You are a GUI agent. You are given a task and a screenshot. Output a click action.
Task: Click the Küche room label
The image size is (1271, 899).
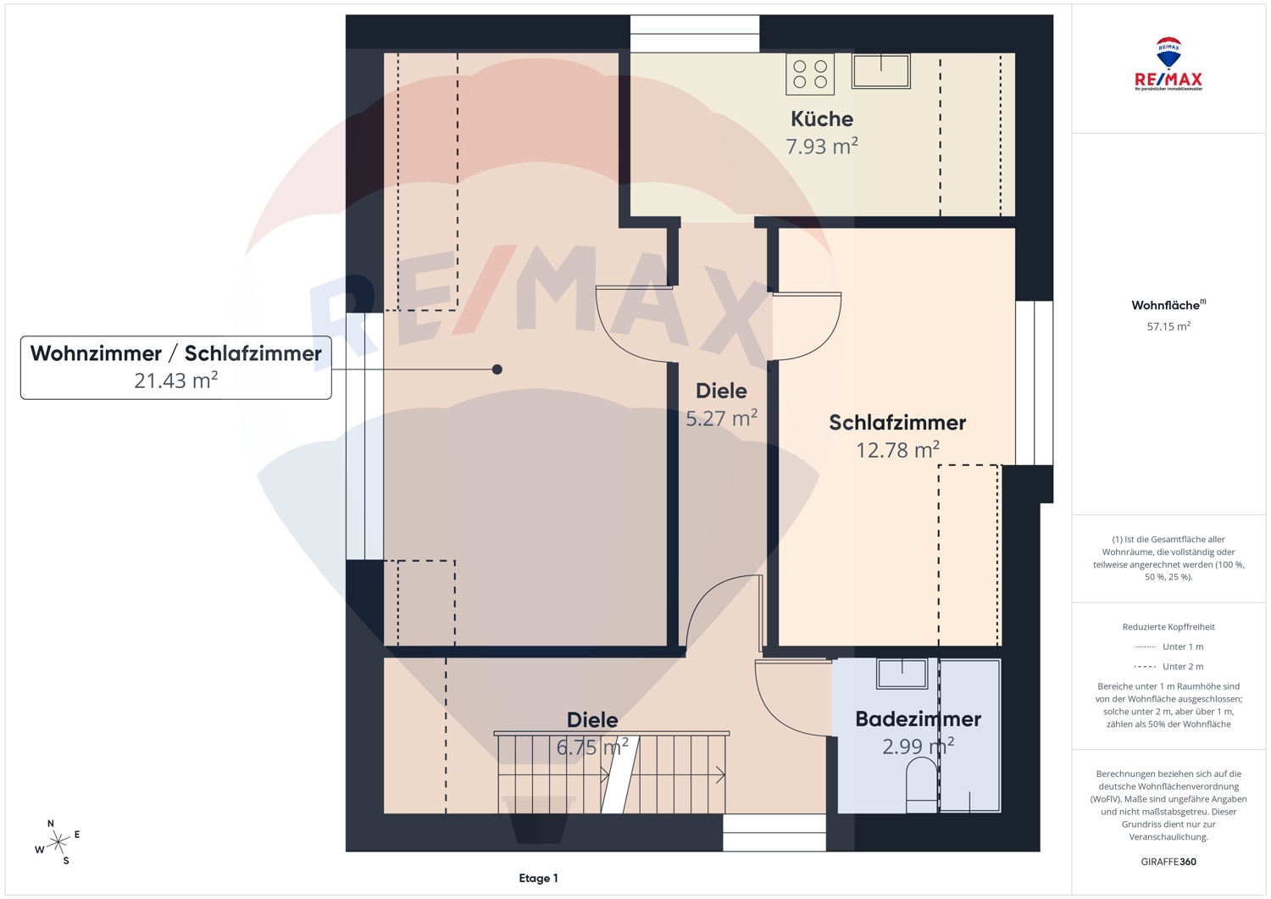click(x=822, y=119)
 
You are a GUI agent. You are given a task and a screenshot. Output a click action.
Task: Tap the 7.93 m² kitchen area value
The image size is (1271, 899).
click(x=822, y=147)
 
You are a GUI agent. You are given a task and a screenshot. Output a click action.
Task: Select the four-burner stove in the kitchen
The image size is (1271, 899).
click(x=810, y=74)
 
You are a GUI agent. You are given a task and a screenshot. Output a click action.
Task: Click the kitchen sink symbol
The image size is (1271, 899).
click(x=880, y=71)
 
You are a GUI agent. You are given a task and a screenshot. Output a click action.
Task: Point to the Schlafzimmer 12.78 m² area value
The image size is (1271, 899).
click(x=897, y=450)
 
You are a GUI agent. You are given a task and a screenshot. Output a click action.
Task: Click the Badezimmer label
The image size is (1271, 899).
click(x=918, y=719)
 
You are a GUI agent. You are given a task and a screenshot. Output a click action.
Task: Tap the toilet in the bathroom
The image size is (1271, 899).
click(x=922, y=786)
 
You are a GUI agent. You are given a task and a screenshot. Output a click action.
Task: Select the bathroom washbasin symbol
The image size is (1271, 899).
click(x=902, y=674)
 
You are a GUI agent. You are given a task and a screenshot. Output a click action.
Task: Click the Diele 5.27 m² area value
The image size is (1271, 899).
click(x=721, y=419)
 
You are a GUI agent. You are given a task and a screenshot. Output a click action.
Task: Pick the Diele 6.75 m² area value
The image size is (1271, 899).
click(x=591, y=746)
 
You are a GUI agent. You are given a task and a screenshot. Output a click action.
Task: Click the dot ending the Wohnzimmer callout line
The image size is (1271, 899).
click(x=497, y=369)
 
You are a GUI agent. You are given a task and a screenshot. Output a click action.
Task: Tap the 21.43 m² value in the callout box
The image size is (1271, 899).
click(x=176, y=380)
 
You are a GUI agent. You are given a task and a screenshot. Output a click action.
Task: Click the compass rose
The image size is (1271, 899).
click(x=58, y=842)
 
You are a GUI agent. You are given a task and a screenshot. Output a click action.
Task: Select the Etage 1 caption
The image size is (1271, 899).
click(x=538, y=878)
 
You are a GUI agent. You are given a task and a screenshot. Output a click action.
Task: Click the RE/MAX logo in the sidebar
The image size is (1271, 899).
click(x=1168, y=64)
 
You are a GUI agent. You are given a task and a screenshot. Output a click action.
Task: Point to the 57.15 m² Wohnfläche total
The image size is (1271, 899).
click(x=1168, y=326)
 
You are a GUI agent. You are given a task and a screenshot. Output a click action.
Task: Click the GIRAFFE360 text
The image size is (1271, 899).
click(x=1168, y=862)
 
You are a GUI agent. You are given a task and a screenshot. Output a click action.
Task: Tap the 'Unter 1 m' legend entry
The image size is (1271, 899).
click(x=1168, y=647)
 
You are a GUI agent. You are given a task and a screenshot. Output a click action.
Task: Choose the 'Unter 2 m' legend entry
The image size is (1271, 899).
click(x=1168, y=666)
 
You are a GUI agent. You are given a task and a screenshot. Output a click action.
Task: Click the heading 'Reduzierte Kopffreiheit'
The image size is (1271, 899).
click(x=1168, y=627)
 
